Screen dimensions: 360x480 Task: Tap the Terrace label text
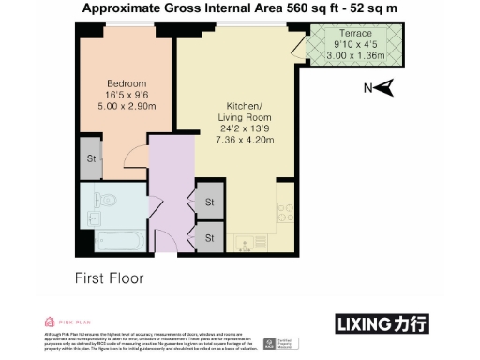coord(356,34)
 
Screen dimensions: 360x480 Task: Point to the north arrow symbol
coord(383,89)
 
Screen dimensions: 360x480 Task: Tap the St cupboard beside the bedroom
coord(92,158)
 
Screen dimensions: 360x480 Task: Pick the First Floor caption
coord(109,278)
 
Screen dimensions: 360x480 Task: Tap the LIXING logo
coord(382,323)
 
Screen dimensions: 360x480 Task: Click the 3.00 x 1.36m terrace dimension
coord(356,54)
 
